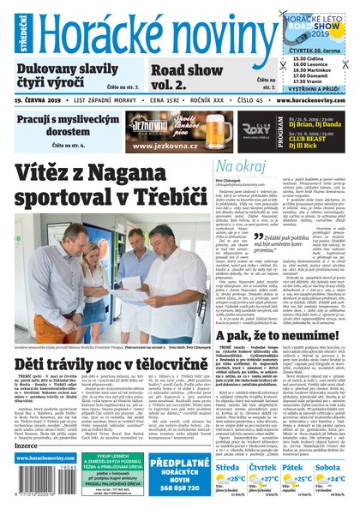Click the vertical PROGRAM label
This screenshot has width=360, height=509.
tap(257, 130)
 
